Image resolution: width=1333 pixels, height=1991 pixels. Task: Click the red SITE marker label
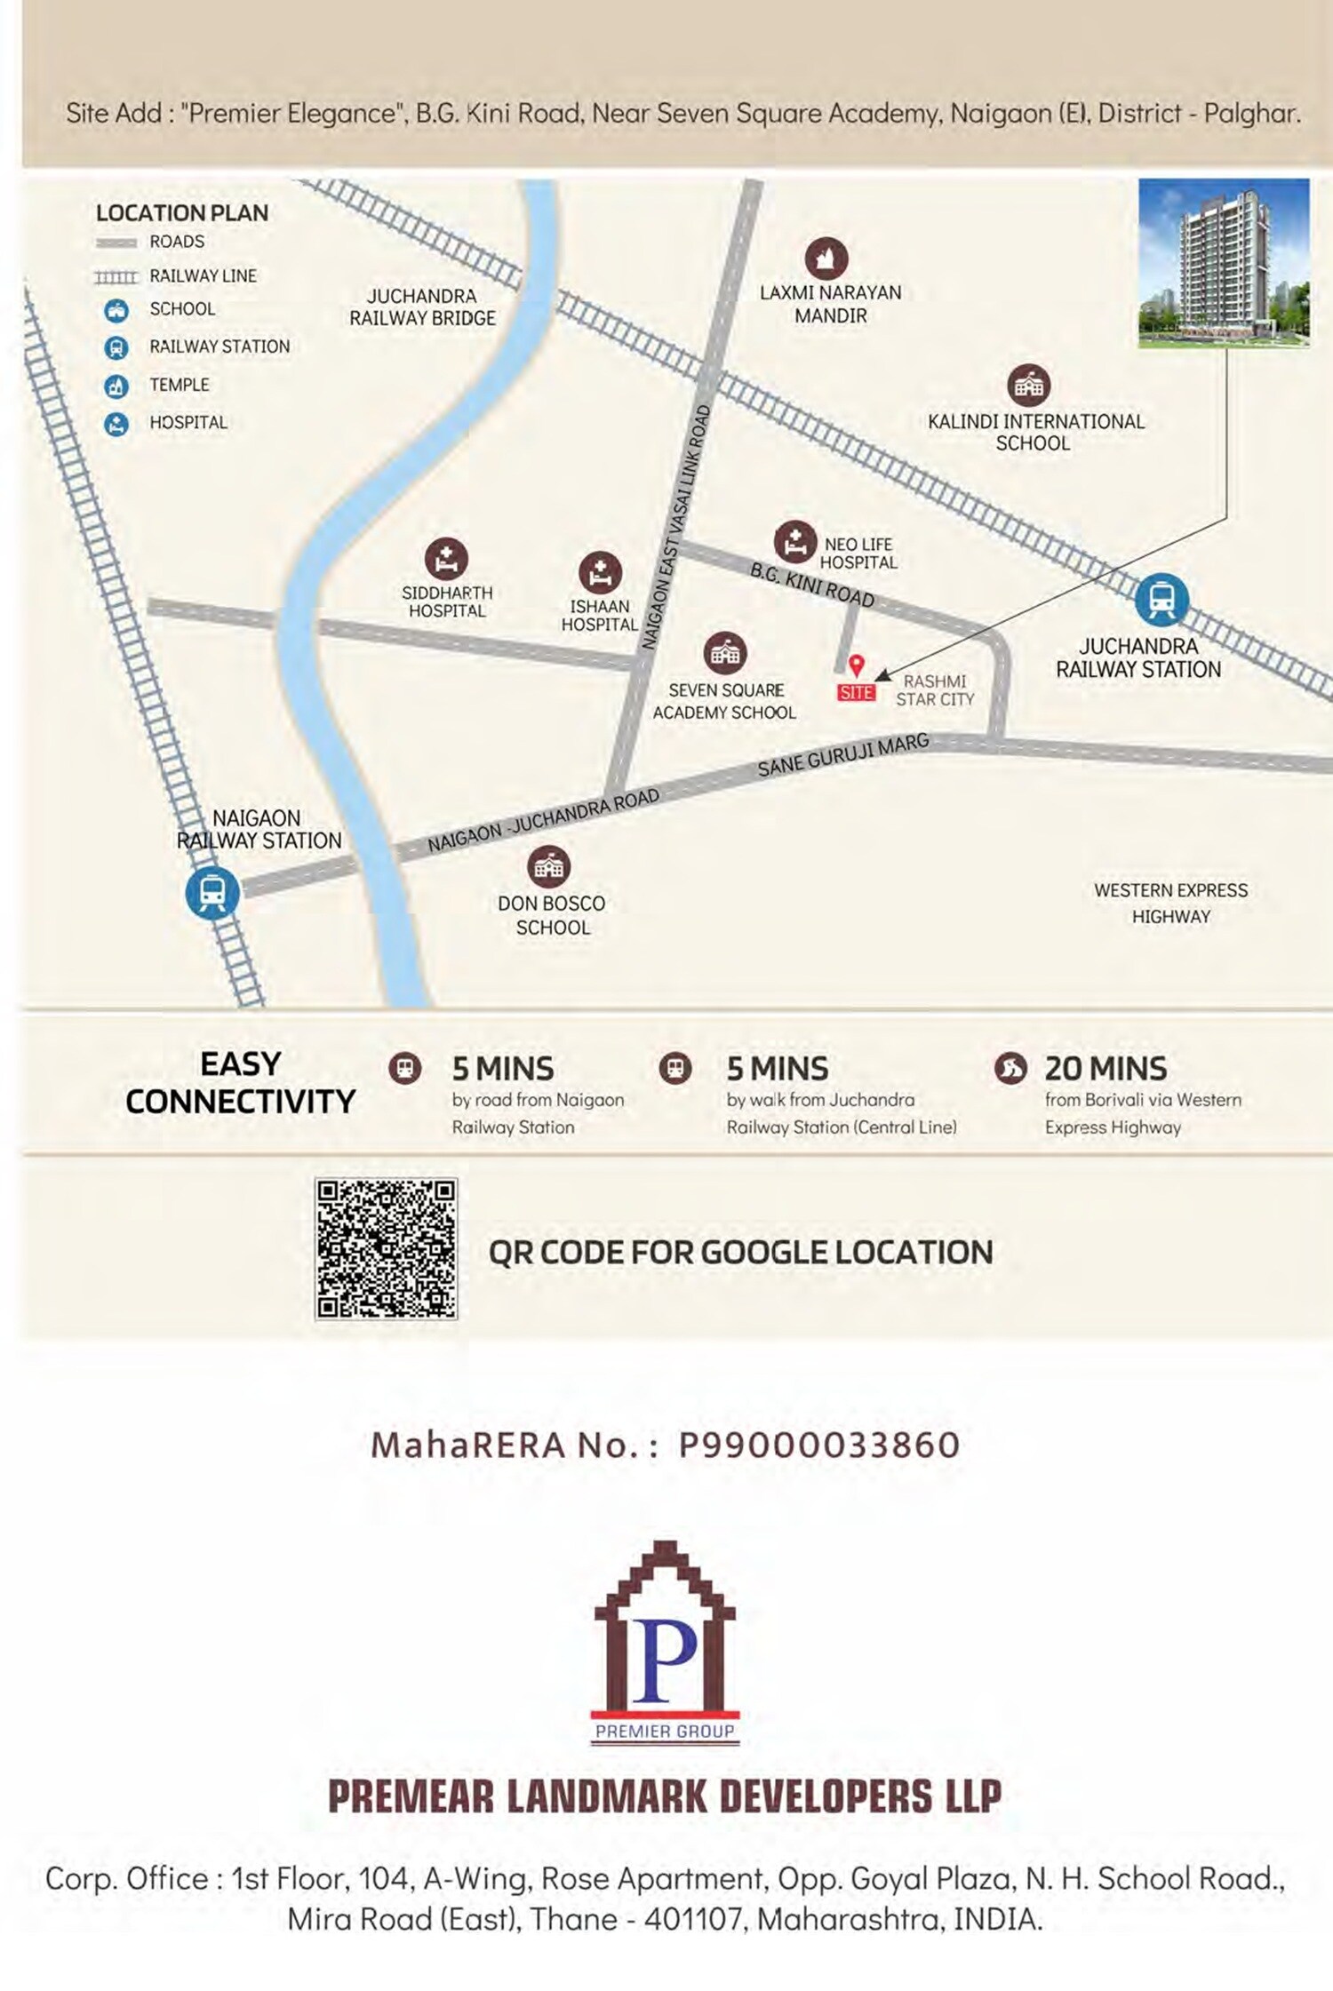click(856, 692)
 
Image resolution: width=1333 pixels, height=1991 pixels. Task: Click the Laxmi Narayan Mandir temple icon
click(826, 259)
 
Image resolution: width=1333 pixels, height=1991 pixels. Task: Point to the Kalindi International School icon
click(1029, 386)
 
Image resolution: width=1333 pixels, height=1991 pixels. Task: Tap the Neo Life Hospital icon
click(794, 542)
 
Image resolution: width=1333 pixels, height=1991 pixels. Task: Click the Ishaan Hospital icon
click(600, 572)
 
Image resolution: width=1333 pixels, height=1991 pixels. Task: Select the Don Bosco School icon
click(548, 867)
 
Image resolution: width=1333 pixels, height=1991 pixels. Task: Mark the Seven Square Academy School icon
click(724, 654)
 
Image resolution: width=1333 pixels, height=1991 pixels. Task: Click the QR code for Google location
click(386, 1248)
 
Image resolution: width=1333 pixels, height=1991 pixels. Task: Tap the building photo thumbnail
click(1224, 262)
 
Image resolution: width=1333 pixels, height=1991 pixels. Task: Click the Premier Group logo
click(665, 1643)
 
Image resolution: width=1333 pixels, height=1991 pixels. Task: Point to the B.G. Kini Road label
click(812, 586)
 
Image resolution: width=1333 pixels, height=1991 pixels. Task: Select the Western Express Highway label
click(1170, 903)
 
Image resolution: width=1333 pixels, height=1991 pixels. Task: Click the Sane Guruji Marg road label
click(842, 754)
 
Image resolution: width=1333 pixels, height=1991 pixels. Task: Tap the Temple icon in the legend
click(116, 386)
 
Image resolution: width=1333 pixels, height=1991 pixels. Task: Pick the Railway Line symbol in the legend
click(116, 277)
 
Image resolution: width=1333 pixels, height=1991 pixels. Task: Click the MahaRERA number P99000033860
click(818, 1445)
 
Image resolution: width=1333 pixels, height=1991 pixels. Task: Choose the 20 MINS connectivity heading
click(1106, 1068)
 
